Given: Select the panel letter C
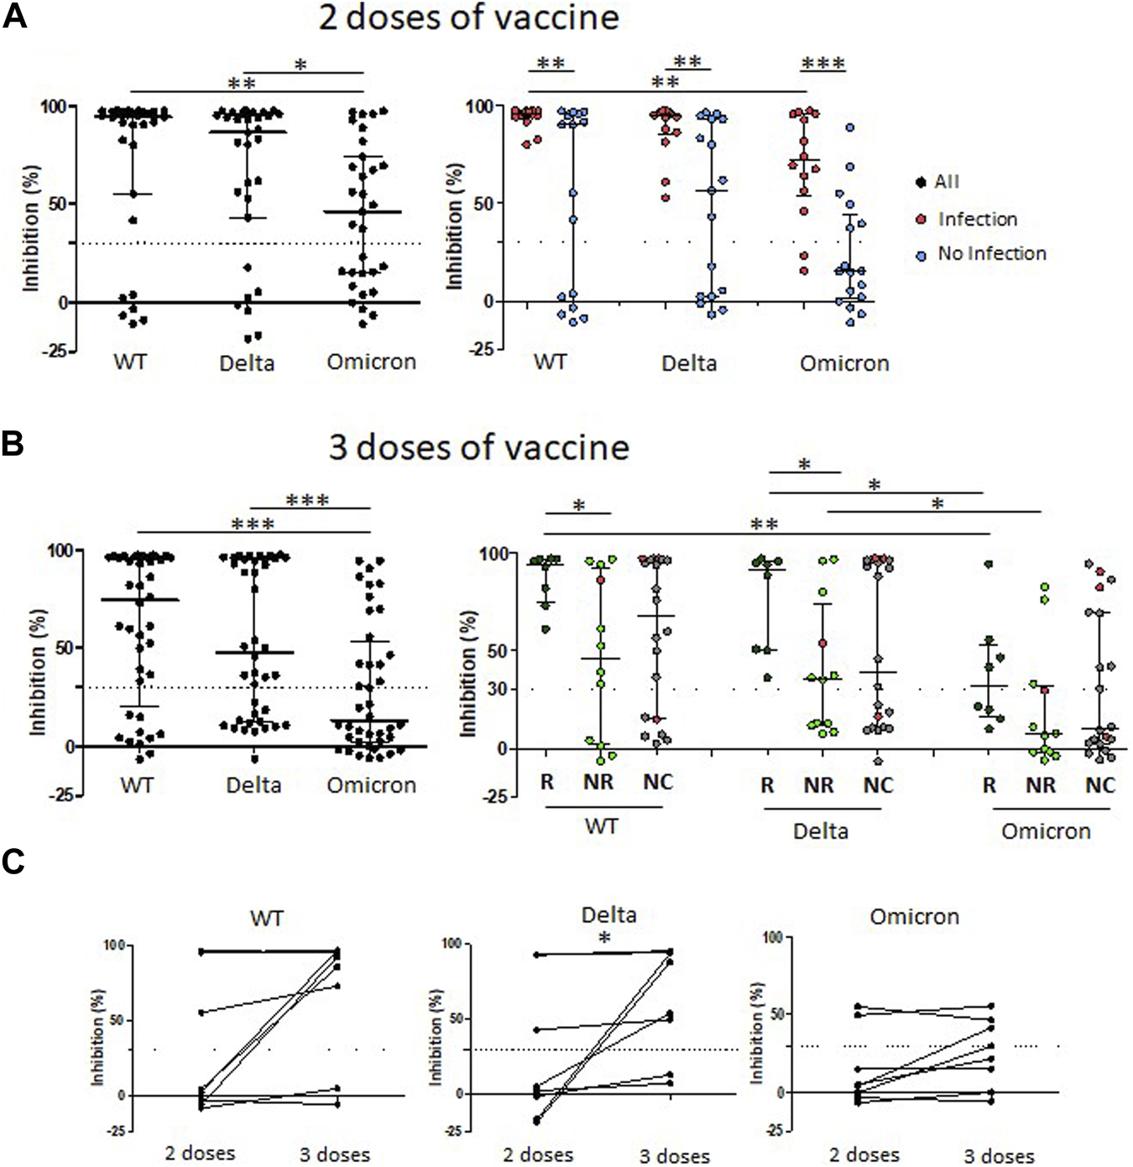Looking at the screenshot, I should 13,862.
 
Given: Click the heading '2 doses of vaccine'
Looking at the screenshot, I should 468,18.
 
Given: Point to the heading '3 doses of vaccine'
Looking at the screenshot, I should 478,447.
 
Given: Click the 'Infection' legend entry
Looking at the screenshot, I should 977,219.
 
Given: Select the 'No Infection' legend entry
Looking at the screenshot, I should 991,253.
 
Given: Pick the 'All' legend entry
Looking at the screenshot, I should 946,181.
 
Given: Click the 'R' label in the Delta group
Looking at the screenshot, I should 767,785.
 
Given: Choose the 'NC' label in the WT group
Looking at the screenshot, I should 658,782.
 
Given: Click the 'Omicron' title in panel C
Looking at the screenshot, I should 914,916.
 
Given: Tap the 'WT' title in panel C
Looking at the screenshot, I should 266,918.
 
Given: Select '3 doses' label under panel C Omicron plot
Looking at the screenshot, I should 999,1156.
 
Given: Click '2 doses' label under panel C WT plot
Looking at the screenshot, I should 200,1153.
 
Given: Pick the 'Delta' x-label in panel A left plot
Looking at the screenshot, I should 247,363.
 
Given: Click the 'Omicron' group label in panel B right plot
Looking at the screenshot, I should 1046,831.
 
